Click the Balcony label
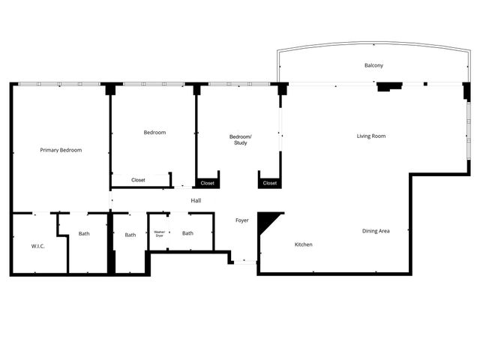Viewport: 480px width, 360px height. coord(373,66)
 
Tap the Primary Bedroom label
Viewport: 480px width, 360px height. coord(61,150)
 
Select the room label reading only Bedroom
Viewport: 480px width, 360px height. coord(154,133)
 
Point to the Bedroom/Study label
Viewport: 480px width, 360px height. coord(241,139)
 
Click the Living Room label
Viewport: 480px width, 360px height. coord(371,136)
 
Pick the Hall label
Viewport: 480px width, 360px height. coord(196,200)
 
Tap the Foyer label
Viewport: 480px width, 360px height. coord(242,220)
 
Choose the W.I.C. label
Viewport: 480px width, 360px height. coord(38,245)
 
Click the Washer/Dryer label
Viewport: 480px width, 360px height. coord(159,234)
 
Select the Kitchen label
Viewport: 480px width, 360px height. coord(303,244)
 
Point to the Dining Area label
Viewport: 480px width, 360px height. coord(376,231)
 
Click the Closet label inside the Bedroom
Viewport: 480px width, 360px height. coord(139,180)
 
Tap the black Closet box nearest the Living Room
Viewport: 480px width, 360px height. coord(270,183)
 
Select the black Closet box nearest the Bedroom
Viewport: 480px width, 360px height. coord(208,183)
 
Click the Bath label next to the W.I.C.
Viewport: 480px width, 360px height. coord(84,233)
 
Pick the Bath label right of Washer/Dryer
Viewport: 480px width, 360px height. coord(187,233)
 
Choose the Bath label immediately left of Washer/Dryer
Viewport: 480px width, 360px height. coord(130,235)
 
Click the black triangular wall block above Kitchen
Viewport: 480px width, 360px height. coord(266,220)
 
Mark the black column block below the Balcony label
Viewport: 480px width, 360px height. coord(388,86)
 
